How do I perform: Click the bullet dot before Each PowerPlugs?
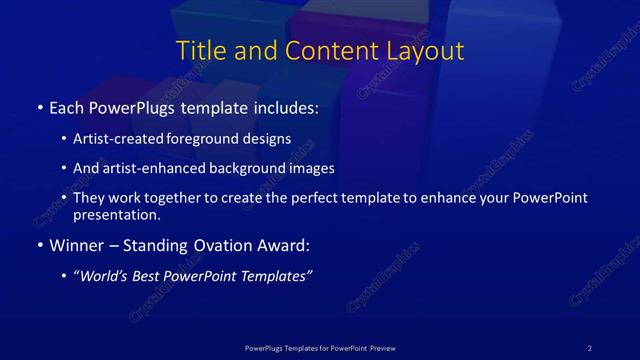(39, 106)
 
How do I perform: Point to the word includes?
(287, 106)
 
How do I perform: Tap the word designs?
(269, 139)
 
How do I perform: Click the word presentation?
(115, 214)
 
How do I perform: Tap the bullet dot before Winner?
(39, 244)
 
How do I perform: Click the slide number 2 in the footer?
(590, 348)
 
